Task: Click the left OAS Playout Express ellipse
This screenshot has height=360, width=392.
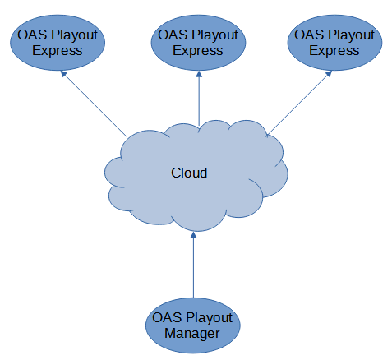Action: tap(58, 43)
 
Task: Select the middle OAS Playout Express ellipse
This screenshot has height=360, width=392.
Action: tap(198, 43)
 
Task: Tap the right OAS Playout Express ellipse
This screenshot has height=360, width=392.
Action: tap(334, 43)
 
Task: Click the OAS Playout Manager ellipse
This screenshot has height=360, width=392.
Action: tap(193, 325)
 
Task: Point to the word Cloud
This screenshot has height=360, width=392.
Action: tap(189, 173)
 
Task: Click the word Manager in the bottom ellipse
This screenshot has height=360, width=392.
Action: tap(192, 334)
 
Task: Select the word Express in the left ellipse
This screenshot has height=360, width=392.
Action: tap(58, 51)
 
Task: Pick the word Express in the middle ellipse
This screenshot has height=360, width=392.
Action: tap(198, 51)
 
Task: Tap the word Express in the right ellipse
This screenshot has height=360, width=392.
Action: tap(334, 51)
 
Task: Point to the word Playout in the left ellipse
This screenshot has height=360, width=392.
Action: tap(74, 35)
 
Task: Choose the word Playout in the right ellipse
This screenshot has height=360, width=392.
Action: tap(351, 35)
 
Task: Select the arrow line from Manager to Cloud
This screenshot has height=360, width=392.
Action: tap(193, 265)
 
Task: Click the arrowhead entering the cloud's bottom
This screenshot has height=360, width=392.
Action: tap(193, 235)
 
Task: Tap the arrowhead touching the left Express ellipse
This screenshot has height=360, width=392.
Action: tap(63, 74)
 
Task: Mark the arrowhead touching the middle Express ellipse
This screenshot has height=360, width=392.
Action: tap(199, 74)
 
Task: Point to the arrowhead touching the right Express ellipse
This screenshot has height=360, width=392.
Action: tap(329, 74)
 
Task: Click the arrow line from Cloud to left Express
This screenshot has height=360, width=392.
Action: tap(94, 104)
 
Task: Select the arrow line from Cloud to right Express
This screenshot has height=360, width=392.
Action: tap(299, 104)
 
